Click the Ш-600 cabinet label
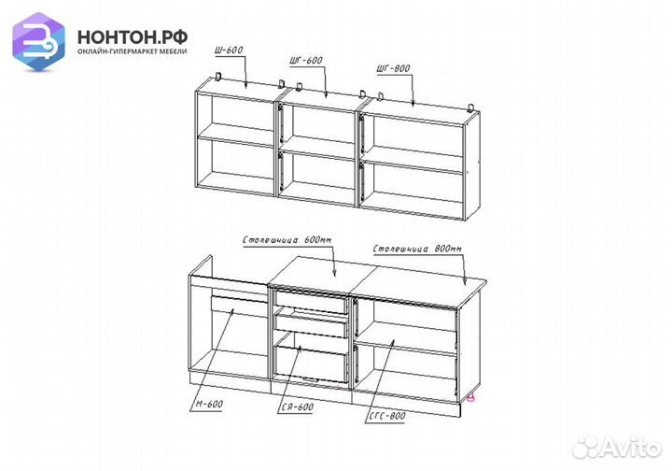coord(229,50)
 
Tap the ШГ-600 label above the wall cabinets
coord(306,61)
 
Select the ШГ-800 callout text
coord(394,68)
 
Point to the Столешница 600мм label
coord(287,240)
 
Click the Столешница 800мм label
coord(417,249)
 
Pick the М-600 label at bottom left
coord(209,404)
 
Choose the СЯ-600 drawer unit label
coord(298,407)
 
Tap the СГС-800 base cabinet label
coord(387,416)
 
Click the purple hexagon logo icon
coord(38,41)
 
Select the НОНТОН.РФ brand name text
coord(133,37)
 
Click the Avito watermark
coord(616,447)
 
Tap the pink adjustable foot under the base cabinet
coord(470,397)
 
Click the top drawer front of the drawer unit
coord(311,302)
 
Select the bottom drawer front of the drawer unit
coord(310,364)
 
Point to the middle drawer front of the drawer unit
coord(311,326)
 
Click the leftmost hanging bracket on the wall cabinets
coord(218,77)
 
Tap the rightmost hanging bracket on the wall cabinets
coord(471,106)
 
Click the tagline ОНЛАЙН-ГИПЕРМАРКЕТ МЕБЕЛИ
coord(133,51)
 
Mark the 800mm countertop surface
coord(422,285)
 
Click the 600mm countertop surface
coord(322,273)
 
